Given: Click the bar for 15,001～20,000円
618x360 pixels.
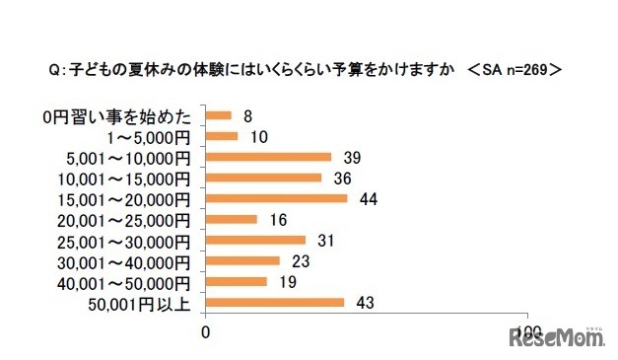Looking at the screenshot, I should (276, 198).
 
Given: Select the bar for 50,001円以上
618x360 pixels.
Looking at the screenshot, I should (274, 302).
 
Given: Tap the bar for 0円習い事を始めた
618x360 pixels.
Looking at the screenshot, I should (218, 115).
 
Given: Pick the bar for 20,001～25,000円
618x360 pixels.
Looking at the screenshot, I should (231, 219).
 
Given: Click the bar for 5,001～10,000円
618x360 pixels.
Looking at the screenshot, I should (268, 157).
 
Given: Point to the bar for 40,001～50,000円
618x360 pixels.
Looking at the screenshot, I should (236, 281).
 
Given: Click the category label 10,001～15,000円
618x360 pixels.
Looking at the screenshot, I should (130, 178).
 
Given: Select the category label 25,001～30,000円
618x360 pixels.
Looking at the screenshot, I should (130, 240).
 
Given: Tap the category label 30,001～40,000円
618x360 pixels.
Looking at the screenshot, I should (130, 260).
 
